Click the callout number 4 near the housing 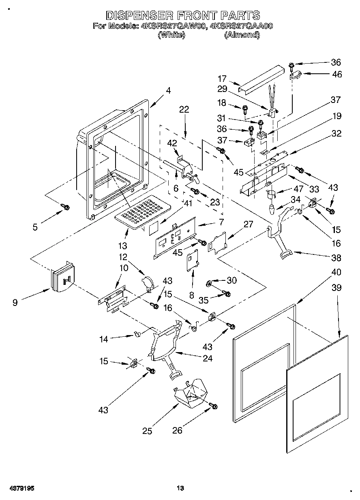click(168, 90)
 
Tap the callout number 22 click(184, 109)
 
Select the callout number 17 click(222, 79)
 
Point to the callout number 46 click(337, 74)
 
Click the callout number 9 click(15, 302)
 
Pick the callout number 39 click(336, 288)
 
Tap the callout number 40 click(336, 272)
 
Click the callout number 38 click(336, 258)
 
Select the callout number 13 click(122, 246)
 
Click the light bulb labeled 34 click(272, 210)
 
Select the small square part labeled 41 click(153, 229)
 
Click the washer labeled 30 click(208, 284)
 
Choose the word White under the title click(171, 35)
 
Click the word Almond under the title click(242, 35)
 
